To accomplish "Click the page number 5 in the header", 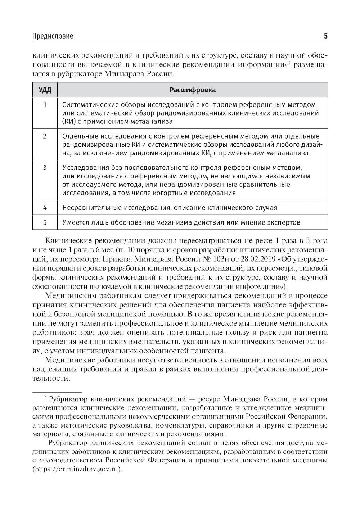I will (x=325, y=36).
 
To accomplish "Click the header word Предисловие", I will (x=53, y=36).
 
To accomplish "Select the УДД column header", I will (x=45, y=90).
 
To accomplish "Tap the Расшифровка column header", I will (x=193, y=90).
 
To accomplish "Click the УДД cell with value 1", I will (x=45, y=105).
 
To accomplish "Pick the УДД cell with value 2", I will (x=45, y=137).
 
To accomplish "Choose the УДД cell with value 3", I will (x=45, y=168).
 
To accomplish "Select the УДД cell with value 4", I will (x=45, y=208).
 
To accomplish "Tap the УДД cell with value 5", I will (x=45, y=222).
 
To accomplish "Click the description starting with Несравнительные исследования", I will (x=170, y=208).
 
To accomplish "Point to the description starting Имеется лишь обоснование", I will (x=181, y=222).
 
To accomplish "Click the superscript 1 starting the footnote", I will (x=46, y=398).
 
